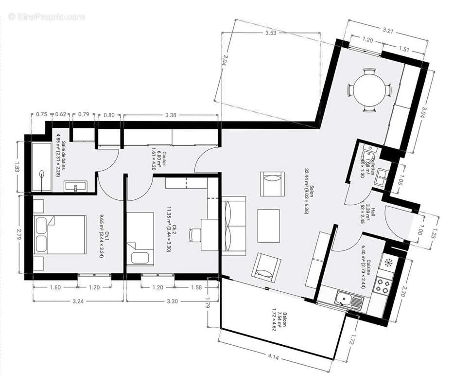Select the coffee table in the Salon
point(268,226)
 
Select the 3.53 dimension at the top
point(271,34)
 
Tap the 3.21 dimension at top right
point(387,30)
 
